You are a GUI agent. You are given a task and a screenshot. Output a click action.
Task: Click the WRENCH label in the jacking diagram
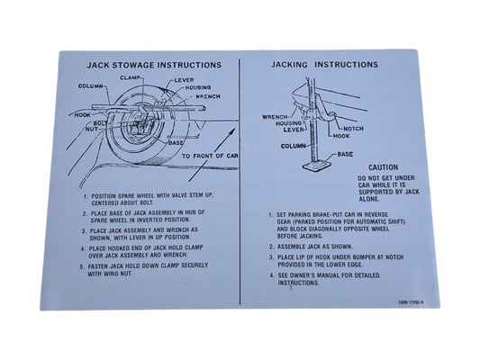point(275,116)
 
